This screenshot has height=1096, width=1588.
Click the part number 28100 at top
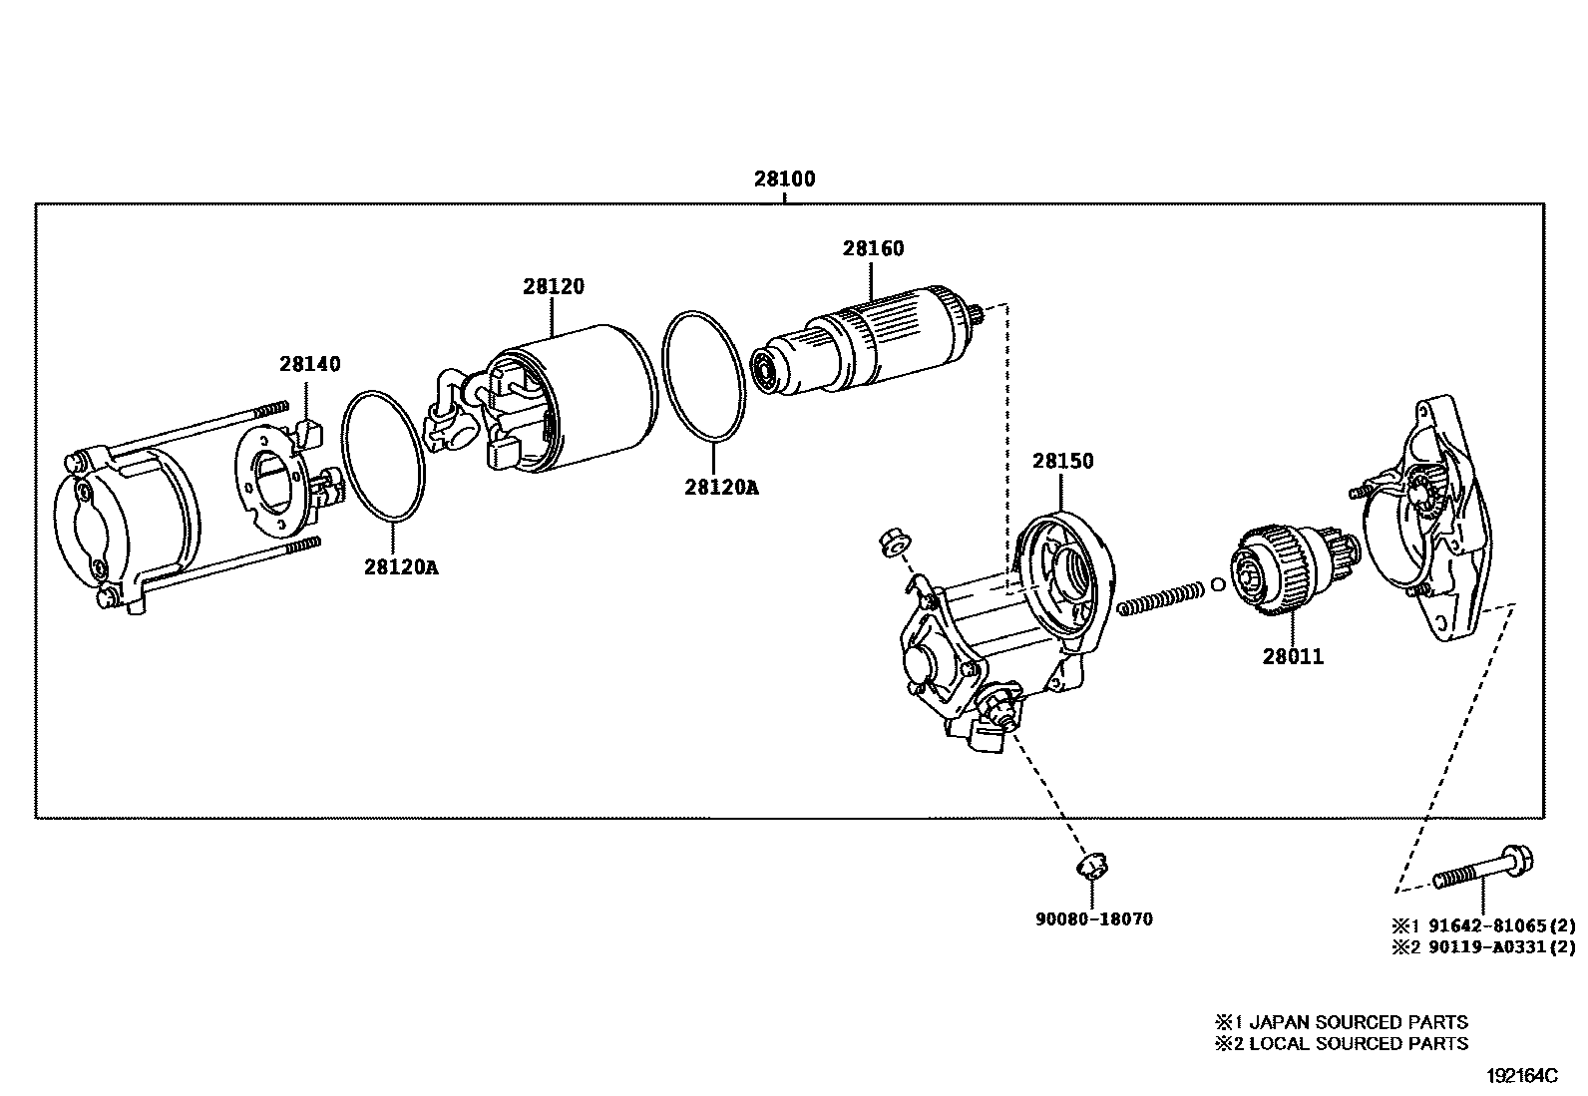784,180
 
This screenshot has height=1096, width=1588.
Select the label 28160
873,248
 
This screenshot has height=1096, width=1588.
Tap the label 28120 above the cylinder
553,287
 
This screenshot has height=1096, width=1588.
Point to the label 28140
309,365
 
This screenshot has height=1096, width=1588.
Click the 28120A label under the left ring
401,567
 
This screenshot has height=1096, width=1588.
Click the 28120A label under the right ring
721,488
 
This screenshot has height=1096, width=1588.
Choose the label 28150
1062,462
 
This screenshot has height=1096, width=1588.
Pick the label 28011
1293,657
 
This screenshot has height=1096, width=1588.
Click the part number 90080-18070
1093,919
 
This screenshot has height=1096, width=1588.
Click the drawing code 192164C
1522,1076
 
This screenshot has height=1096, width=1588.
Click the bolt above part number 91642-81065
1484,870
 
